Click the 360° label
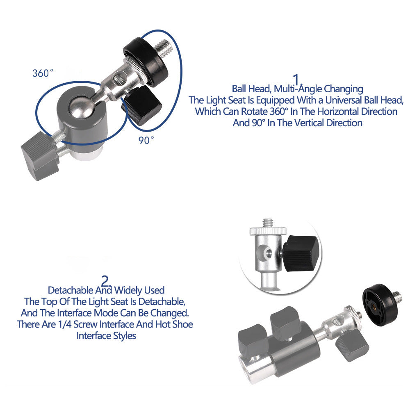pos(43,73)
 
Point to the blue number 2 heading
pos(106,281)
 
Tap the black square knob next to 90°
pos(142,106)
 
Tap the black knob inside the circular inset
pos(301,253)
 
